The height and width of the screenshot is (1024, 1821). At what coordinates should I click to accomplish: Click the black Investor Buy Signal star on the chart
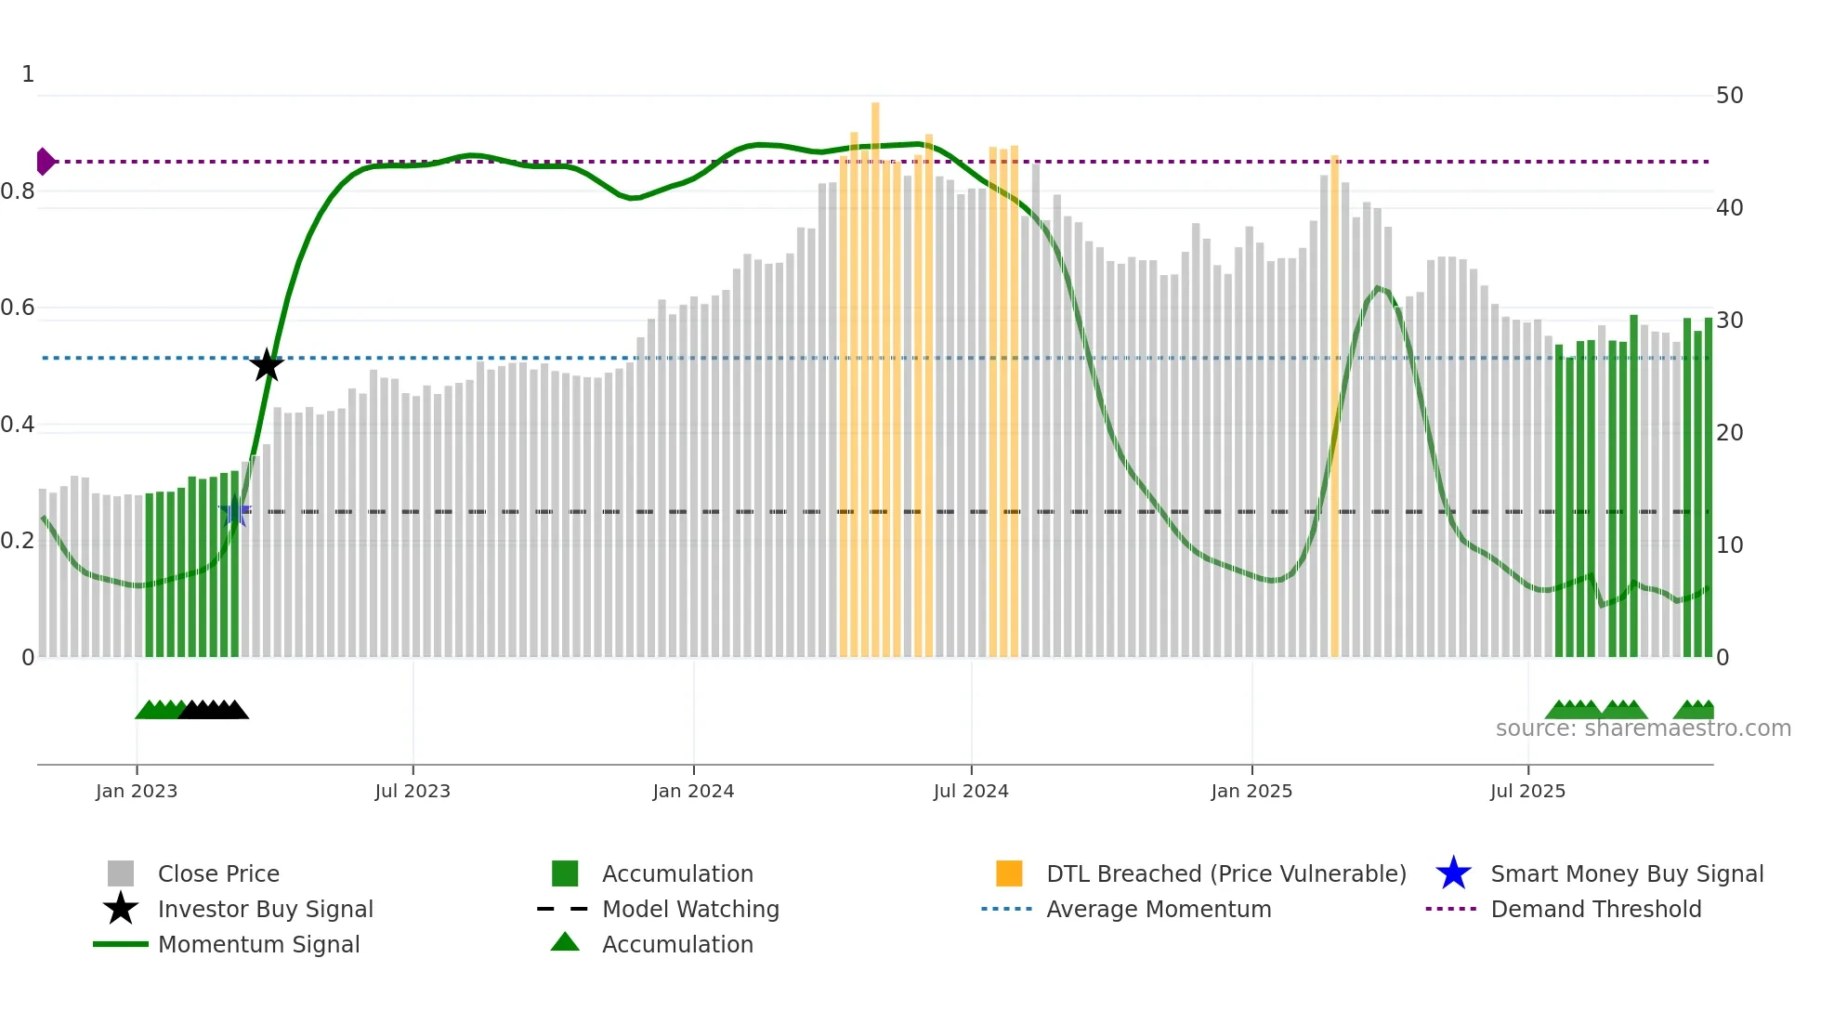(x=267, y=365)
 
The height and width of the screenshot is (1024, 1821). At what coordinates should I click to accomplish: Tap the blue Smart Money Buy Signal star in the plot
(x=235, y=511)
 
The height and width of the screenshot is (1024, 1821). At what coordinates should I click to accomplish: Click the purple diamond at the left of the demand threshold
(x=45, y=162)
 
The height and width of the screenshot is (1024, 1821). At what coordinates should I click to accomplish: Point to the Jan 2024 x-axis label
(x=693, y=791)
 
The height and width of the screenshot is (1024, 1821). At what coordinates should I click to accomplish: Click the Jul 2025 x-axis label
(x=1527, y=791)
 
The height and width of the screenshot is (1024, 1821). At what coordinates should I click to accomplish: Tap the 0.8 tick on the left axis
(x=19, y=191)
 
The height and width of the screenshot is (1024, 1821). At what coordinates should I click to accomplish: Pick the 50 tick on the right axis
(x=1729, y=96)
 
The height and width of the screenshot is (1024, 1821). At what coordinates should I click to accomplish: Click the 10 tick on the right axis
(x=1729, y=545)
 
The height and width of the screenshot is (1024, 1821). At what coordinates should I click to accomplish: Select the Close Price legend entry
(x=218, y=873)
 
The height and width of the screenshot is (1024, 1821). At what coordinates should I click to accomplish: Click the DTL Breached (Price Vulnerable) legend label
(x=1225, y=873)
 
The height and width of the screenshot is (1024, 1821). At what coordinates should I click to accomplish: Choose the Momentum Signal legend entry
(x=258, y=944)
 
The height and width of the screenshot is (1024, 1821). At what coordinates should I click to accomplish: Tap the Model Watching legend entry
(x=690, y=909)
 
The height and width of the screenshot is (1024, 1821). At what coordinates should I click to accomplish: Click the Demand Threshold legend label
(x=1595, y=909)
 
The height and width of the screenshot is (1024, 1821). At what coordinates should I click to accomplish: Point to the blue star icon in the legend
(x=1453, y=873)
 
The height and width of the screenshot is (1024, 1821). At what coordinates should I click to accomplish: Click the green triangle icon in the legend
(x=565, y=942)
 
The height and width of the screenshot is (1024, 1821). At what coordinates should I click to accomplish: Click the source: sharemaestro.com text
(x=1643, y=729)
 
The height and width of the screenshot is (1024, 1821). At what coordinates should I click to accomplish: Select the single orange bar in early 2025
(x=1334, y=409)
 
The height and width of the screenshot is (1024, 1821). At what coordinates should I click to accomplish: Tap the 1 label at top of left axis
(x=28, y=74)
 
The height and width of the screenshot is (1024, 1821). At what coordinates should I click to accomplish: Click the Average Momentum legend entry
(x=1158, y=909)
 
